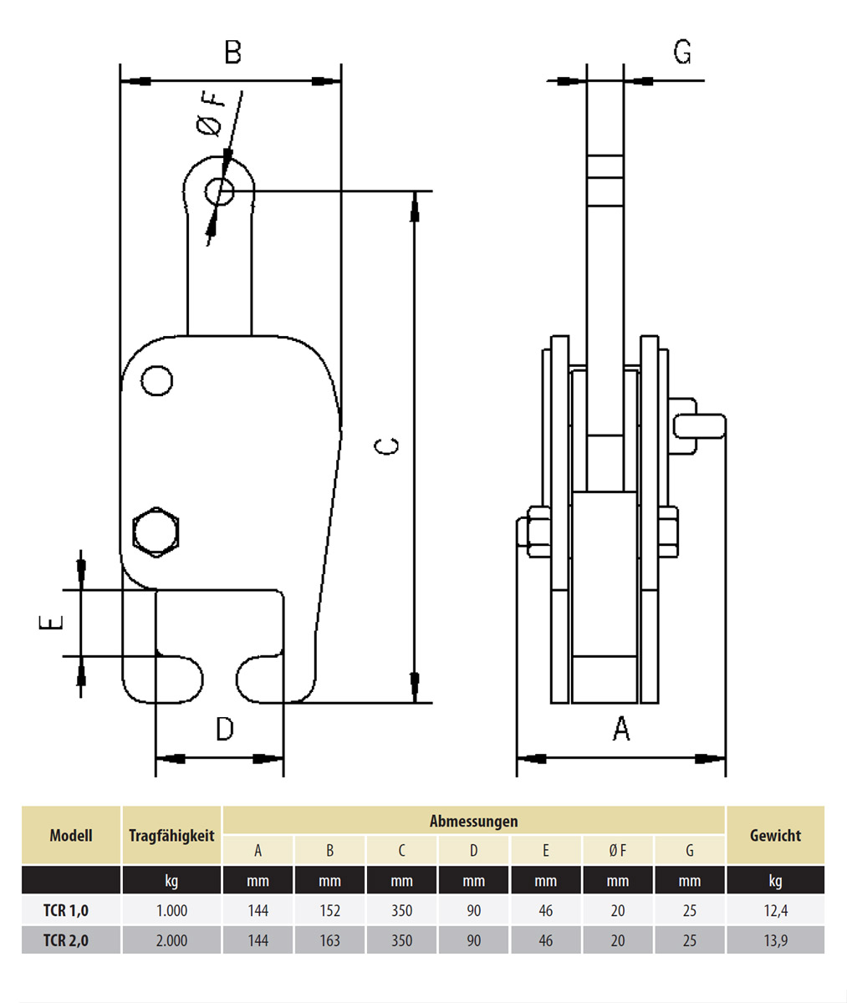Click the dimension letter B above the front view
click(x=232, y=52)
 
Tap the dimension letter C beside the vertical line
click(x=385, y=446)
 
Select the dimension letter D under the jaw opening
click(x=224, y=729)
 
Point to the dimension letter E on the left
click(x=52, y=623)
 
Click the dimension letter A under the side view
click(x=621, y=729)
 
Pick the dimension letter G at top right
click(x=682, y=52)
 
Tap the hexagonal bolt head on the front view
click(x=156, y=532)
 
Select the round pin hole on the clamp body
click(x=156, y=381)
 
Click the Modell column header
click(x=71, y=835)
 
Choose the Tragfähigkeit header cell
click(x=171, y=835)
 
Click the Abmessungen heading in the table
click(x=473, y=821)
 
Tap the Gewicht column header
click(x=775, y=835)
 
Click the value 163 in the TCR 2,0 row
click(x=329, y=940)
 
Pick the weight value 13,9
click(x=775, y=940)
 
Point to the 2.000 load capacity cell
click(x=171, y=940)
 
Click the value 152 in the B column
click(x=329, y=910)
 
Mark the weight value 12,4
click(x=775, y=910)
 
